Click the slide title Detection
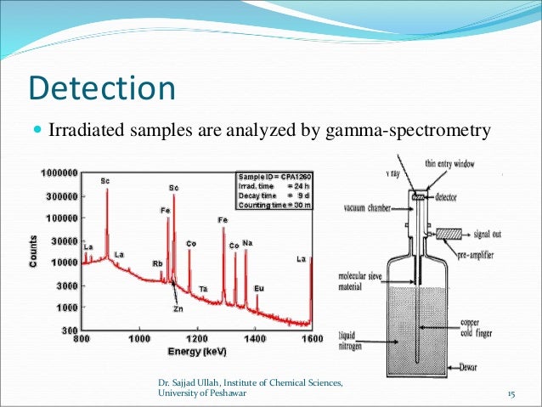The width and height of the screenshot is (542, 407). (x=102, y=89)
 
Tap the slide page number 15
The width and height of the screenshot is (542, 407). (x=511, y=393)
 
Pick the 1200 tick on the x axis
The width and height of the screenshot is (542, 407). (x=197, y=339)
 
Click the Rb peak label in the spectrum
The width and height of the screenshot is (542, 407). (x=157, y=263)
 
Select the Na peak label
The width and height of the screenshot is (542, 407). (x=246, y=243)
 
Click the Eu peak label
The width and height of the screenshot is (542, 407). (x=259, y=289)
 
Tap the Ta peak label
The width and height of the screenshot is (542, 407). (x=204, y=290)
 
